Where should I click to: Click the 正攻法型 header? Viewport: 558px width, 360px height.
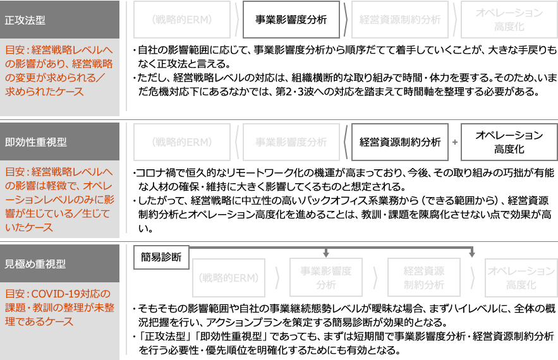pyautogui.click(x=25, y=20)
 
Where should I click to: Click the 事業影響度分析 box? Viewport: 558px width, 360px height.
pyautogui.click(x=291, y=20)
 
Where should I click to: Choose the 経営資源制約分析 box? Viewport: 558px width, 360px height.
pyautogui.click(x=400, y=142)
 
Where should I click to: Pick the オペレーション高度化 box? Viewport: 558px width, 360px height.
pyautogui.click(x=509, y=142)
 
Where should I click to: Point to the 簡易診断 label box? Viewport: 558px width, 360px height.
pyautogui.click(x=161, y=257)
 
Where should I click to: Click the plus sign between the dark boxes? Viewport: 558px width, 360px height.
pyautogui.click(x=455, y=143)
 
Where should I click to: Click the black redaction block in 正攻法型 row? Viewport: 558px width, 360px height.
pyautogui.click(x=341, y=69)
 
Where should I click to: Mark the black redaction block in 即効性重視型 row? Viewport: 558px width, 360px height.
pyautogui.click(x=341, y=200)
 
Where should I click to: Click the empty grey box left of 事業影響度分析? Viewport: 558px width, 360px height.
pyautogui.click(x=182, y=20)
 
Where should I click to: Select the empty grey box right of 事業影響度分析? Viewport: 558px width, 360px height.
pyautogui.click(x=399, y=20)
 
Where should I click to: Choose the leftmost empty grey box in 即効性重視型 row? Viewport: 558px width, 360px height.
pyautogui.click(x=182, y=142)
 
